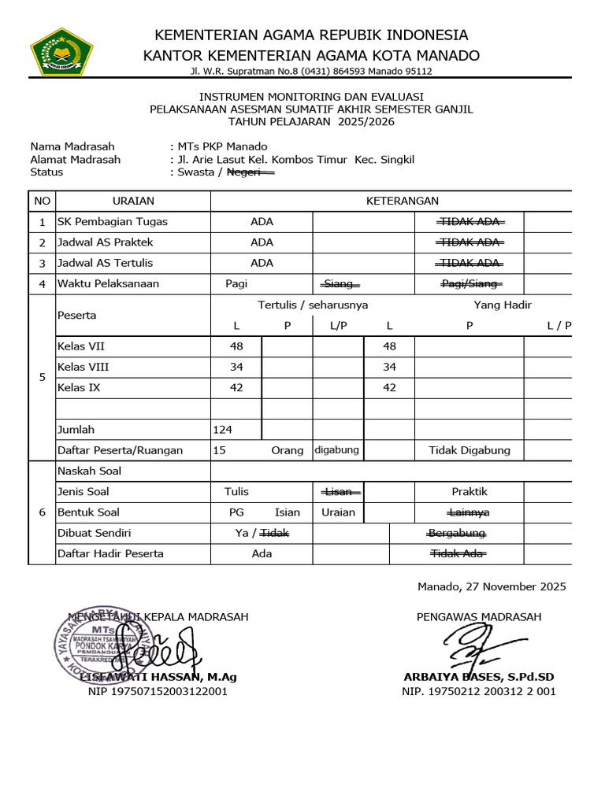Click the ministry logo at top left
[61, 52]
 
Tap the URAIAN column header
[133, 201]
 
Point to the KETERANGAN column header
[402, 201]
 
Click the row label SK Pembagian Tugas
[113, 222]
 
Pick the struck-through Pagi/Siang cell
[470, 283]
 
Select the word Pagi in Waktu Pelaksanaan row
[236, 283]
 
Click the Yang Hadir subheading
[502, 305]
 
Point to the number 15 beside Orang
[220, 450]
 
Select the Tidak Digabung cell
[470, 450]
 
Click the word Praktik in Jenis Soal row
[470, 491]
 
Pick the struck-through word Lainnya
[470, 512]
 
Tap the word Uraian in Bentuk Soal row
[339, 512]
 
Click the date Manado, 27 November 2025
[492, 586]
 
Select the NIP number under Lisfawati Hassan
[158, 691]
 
